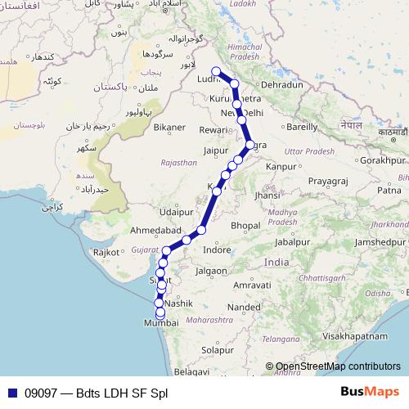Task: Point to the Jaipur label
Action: (x=215, y=151)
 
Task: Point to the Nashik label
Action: (x=178, y=303)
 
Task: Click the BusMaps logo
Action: (x=375, y=393)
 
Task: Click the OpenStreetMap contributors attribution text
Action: (x=337, y=366)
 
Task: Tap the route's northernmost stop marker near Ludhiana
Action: (x=216, y=70)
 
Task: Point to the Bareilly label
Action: (x=302, y=127)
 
